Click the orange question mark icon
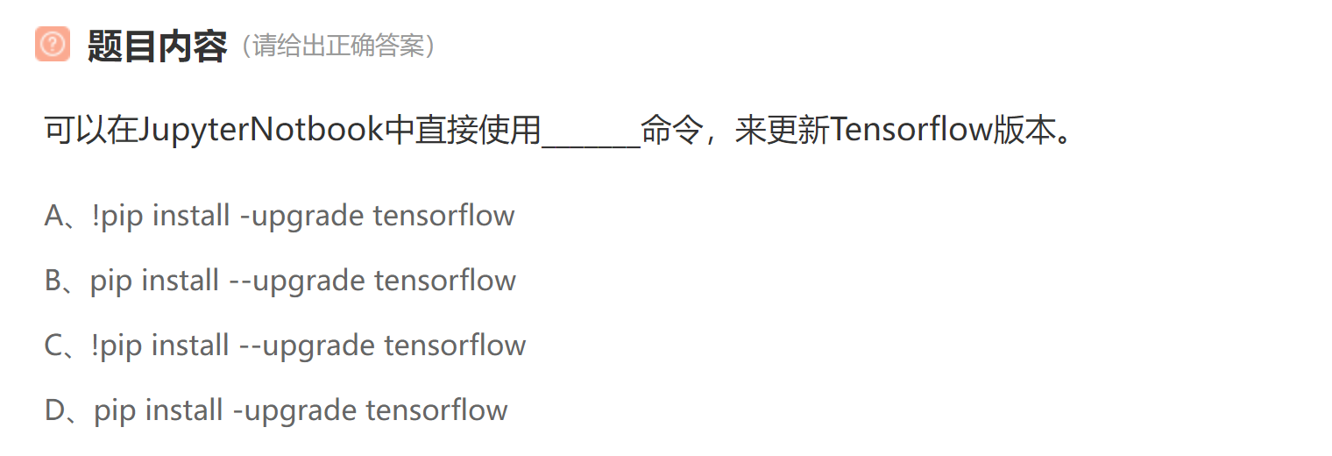point(52,44)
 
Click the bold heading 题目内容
point(157,46)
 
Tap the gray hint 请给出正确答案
point(339,46)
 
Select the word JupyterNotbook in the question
point(261,131)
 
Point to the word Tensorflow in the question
point(910,131)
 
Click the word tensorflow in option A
point(443,216)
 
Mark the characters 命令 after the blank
point(672,131)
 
